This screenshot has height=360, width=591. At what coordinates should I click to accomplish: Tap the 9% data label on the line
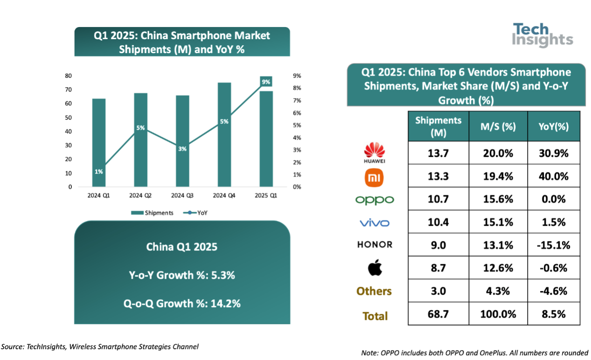(266, 82)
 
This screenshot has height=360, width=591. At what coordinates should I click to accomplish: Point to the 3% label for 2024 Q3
(182, 149)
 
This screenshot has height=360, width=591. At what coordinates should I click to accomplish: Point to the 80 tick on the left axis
(68, 76)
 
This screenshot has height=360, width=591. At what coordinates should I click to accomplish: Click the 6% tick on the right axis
(297, 113)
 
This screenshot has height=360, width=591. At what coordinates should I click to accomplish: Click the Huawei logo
(375, 152)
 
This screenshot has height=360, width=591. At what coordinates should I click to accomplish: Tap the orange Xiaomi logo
(375, 176)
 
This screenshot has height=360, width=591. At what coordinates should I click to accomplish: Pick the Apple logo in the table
(375, 268)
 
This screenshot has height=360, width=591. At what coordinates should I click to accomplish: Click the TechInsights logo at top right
(542, 35)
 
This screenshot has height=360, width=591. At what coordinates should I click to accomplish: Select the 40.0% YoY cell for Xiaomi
(554, 176)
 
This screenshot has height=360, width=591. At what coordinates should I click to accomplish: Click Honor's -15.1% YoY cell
(554, 245)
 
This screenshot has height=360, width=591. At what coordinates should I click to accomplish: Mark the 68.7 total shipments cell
(438, 314)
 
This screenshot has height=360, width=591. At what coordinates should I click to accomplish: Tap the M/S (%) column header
(498, 126)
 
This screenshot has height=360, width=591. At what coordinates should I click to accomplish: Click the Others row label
(374, 291)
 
